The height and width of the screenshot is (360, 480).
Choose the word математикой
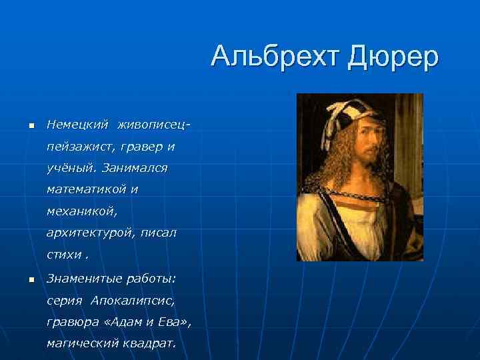(87, 190)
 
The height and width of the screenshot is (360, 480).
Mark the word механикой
(81, 211)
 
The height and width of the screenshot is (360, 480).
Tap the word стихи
(63, 255)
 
